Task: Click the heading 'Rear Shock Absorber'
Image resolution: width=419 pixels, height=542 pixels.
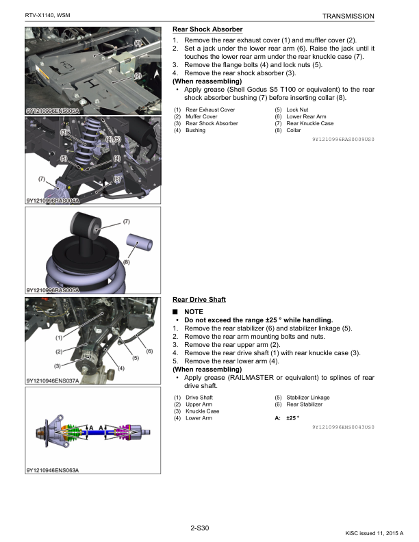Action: pyautogui.click(x=207, y=29)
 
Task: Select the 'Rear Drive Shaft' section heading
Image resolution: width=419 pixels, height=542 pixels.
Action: pyautogui.click(x=199, y=300)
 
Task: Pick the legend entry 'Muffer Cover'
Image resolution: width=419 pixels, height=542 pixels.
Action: pyautogui.click(x=201, y=116)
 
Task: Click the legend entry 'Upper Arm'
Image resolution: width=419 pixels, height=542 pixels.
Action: pyautogui.click(x=199, y=404)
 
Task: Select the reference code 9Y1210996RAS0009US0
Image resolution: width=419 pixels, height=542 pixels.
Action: pyautogui.click(x=343, y=139)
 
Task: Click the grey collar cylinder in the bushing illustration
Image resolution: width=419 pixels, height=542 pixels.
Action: pyautogui.click(x=141, y=244)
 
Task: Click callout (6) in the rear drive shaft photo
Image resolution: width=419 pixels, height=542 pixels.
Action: pyautogui.click(x=149, y=351)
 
